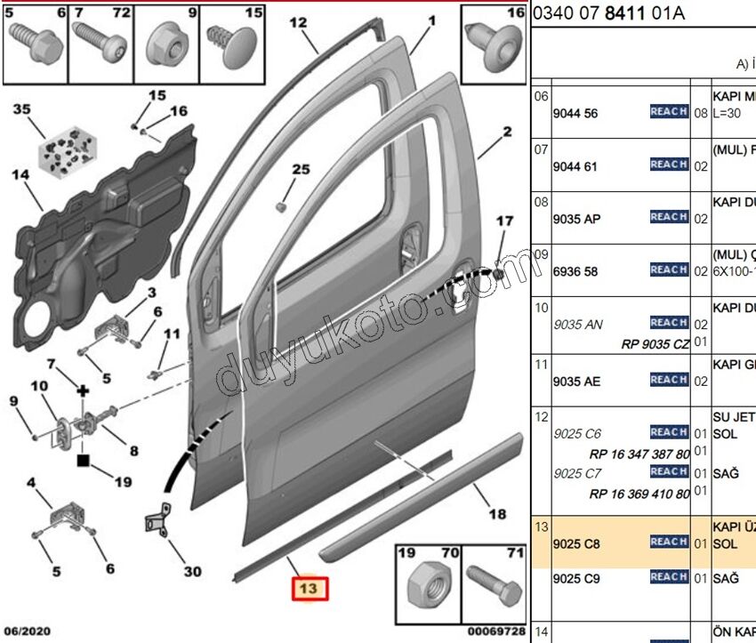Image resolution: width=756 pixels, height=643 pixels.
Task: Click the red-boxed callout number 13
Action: pos(308,589)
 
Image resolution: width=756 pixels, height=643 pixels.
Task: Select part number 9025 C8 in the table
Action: pos(576,543)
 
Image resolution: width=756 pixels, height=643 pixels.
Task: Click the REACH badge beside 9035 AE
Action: pos(669,380)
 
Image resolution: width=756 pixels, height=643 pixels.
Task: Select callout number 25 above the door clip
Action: pos(302,169)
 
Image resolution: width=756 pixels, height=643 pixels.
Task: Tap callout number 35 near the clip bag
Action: pos(21,110)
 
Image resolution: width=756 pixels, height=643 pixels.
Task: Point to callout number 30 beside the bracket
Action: pos(192,572)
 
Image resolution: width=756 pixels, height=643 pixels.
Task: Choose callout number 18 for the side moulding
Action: pos(497,514)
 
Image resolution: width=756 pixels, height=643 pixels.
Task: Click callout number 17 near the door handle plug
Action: pos(504,221)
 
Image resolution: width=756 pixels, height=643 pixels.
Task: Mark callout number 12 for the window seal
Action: pos(297,22)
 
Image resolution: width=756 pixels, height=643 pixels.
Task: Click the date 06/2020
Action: pos(26,631)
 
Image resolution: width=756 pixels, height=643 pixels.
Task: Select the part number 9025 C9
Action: pos(576,579)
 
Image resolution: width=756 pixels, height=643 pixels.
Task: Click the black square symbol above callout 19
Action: pos(83,460)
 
